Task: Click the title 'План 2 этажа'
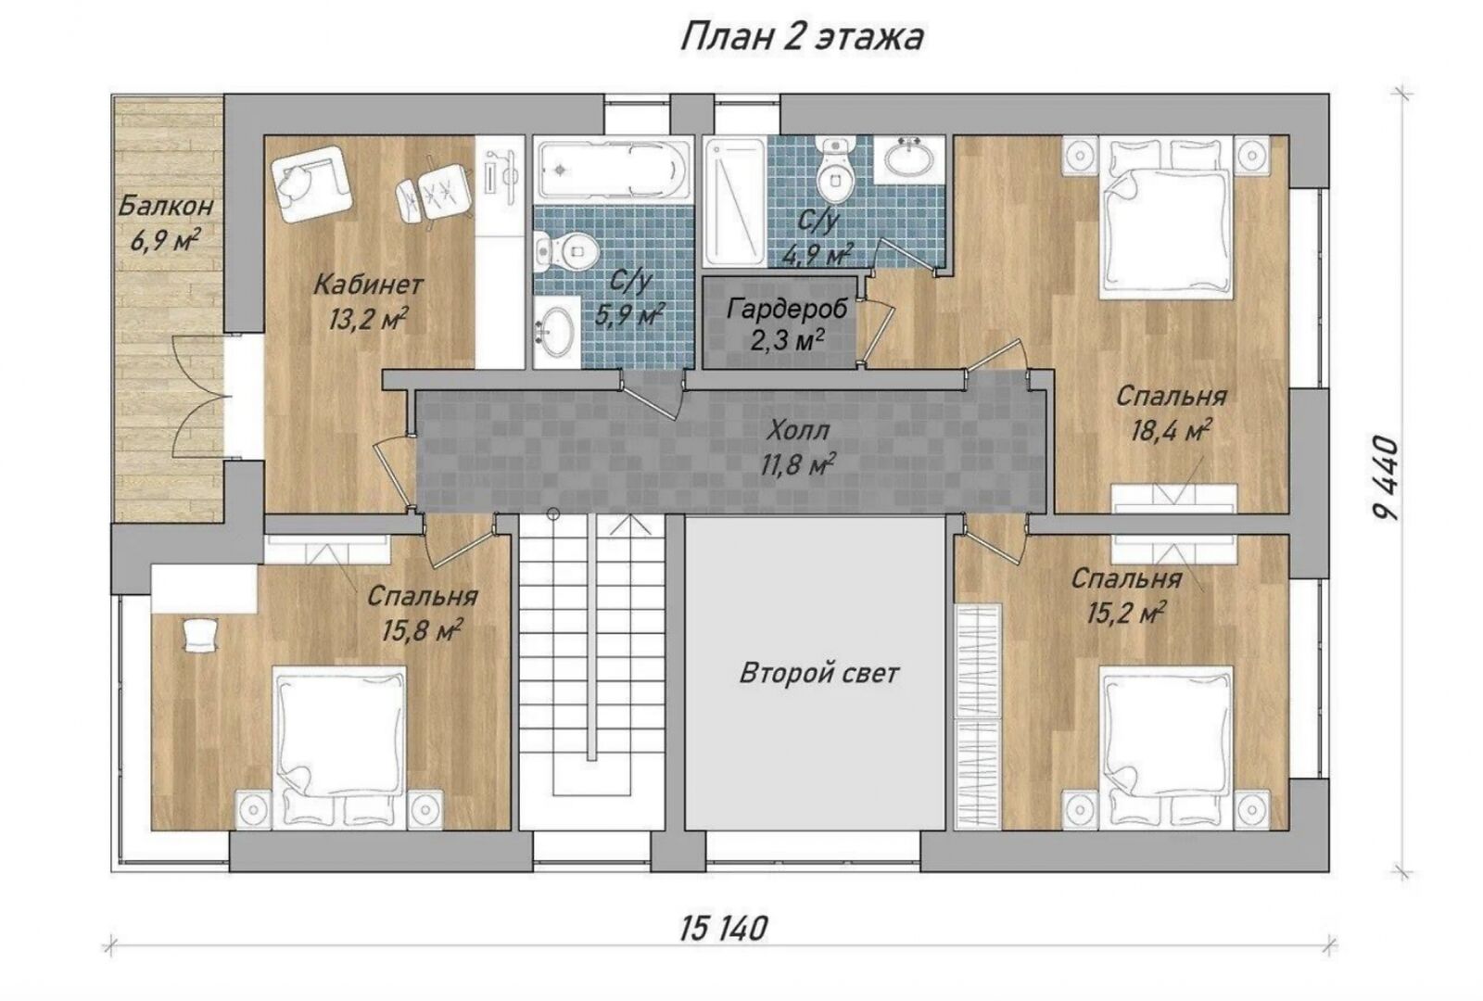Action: click(802, 37)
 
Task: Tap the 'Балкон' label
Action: click(166, 207)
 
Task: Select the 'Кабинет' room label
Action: click(368, 285)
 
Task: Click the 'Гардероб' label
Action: click(787, 309)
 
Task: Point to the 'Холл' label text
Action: click(798, 432)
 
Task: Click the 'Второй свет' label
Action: click(819, 673)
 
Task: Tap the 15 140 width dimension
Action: click(724, 928)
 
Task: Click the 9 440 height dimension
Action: click(1385, 478)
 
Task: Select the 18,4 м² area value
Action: click(1172, 431)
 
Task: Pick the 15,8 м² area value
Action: click(422, 630)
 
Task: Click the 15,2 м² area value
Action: click(1126, 613)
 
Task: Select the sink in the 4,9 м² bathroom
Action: click(908, 158)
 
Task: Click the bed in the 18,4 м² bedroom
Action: click(1168, 217)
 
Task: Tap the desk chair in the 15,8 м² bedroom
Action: click(200, 634)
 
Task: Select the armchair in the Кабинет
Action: click(311, 183)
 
